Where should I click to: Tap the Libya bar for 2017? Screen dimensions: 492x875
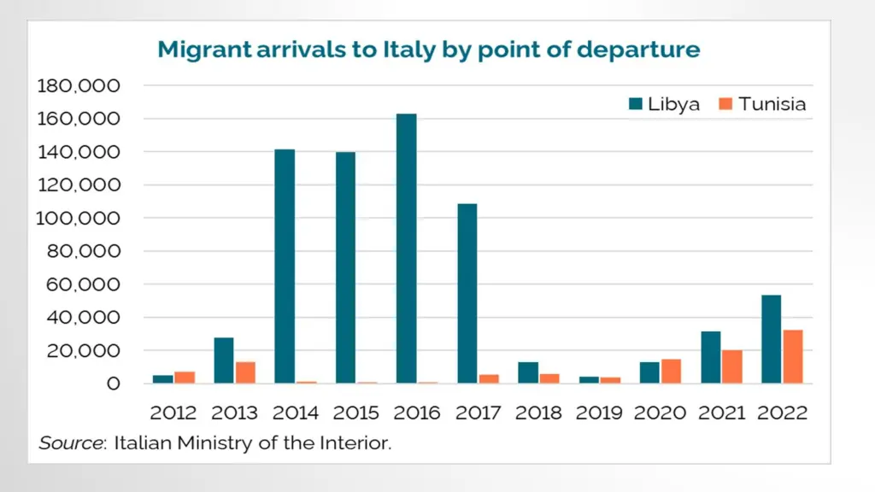click(467, 294)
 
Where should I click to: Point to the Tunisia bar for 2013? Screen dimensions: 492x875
click(245, 372)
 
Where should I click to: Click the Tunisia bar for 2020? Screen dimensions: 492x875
click(672, 372)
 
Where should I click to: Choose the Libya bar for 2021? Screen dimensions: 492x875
click(712, 357)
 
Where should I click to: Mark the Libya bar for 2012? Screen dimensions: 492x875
click(163, 379)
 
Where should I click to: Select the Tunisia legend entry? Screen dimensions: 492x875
click(762, 104)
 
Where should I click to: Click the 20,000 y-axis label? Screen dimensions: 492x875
click(84, 351)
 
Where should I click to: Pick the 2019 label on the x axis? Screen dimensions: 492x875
click(601, 413)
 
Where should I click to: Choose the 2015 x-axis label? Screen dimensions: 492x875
click(356, 413)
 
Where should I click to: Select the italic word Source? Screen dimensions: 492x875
click(66, 442)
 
